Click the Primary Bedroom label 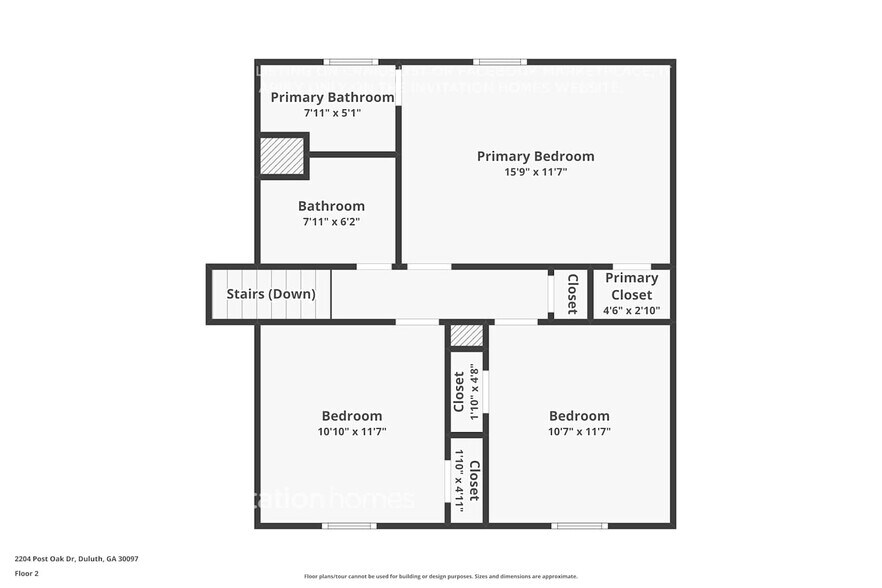[x=535, y=156]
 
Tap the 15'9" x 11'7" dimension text [x=535, y=172]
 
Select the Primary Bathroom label [x=332, y=97]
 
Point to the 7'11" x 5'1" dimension [x=332, y=113]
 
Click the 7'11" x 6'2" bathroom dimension [x=331, y=222]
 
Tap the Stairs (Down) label [x=271, y=294]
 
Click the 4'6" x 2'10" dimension [x=631, y=311]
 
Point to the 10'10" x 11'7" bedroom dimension [x=351, y=432]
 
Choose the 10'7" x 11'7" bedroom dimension [x=579, y=432]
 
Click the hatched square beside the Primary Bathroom [x=282, y=156]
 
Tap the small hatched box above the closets [x=466, y=335]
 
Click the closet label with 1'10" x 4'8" [x=460, y=392]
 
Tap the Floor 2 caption [x=26, y=574]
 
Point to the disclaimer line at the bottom [x=440, y=576]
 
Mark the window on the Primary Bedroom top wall [x=500, y=62]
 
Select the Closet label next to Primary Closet [x=572, y=293]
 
